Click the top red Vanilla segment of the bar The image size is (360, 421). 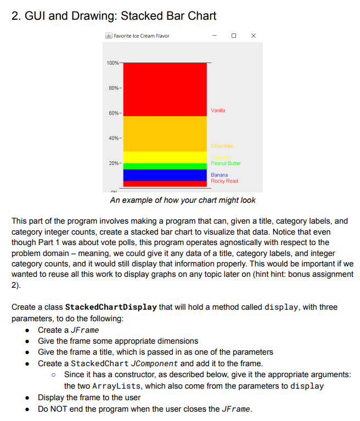click(165, 89)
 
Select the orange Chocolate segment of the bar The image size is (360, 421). click(165, 134)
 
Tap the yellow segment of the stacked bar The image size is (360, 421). click(165, 157)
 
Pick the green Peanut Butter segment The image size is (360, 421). click(165, 166)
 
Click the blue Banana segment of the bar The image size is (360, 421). click(165, 175)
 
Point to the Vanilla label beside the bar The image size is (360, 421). click(218, 111)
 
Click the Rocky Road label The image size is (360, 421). click(224, 181)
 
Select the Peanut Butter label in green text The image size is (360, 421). click(226, 163)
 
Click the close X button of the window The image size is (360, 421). click(252, 36)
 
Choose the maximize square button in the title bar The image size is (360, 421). click(234, 36)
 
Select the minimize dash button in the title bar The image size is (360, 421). click(215, 36)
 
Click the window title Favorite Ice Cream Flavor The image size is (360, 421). click(142, 36)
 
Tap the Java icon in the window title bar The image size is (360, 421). click(109, 36)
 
